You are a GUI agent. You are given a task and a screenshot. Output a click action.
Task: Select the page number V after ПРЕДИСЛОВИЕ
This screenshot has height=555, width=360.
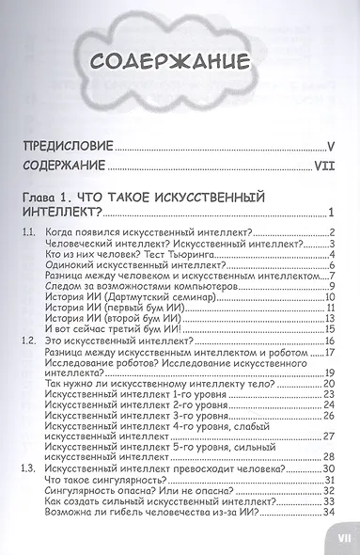(332, 147)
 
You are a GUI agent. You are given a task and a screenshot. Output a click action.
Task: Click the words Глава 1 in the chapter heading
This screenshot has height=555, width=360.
(53, 199)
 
